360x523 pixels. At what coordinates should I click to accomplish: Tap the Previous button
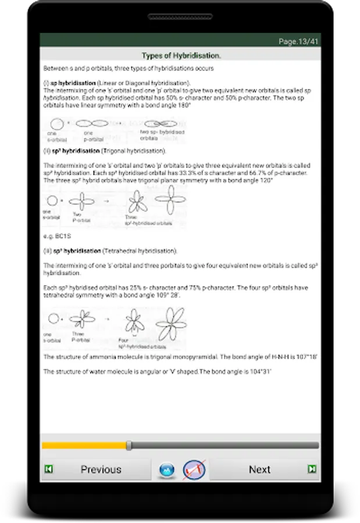tap(101, 470)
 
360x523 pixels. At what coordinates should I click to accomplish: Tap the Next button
tap(259, 470)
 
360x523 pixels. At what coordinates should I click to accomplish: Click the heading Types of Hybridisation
tap(181, 55)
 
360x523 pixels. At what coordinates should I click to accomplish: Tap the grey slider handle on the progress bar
tap(129, 446)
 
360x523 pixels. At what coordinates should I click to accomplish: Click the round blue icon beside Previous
tap(167, 470)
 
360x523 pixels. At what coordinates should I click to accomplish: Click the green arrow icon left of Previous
tap(49, 469)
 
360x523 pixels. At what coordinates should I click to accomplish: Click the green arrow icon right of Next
tap(312, 469)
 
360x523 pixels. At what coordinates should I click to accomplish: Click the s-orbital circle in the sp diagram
tap(58, 124)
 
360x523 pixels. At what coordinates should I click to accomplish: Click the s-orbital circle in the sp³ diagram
tap(54, 318)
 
